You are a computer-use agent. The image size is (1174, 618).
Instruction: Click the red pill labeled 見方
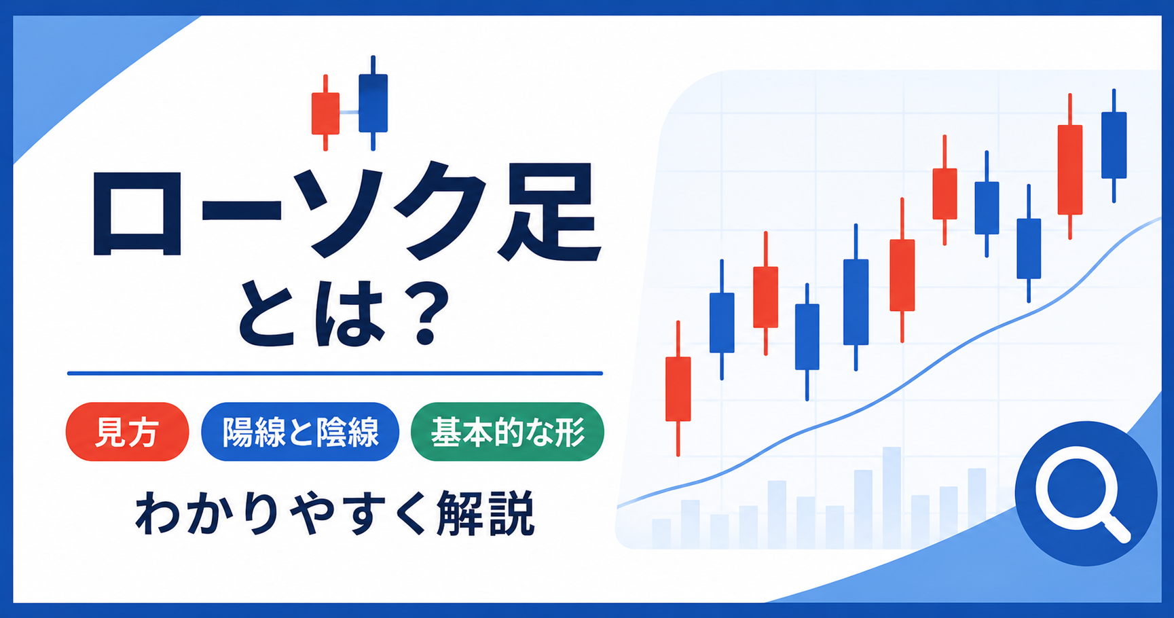[x=127, y=432]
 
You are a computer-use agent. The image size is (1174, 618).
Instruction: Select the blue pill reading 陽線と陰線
[x=300, y=432]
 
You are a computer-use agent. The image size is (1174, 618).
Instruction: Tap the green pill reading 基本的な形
[x=507, y=432]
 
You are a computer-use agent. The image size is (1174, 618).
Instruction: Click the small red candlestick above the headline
[x=325, y=113]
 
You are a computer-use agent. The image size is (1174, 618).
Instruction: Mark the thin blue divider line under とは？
[x=335, y=373]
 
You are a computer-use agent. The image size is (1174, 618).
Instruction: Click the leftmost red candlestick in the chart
[x=678, y=388]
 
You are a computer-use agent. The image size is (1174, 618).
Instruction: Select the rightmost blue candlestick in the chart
[x=1114, y=145]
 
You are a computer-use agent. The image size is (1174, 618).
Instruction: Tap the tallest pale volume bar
[x=892, y=497]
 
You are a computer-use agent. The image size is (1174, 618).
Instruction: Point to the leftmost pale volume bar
[x=661, y=534]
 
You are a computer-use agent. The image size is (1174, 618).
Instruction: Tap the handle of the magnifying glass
[x=1117, y=528]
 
